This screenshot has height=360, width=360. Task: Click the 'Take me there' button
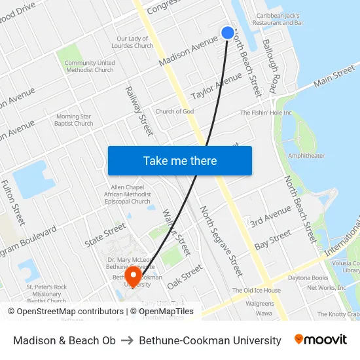click(x=180, y=161)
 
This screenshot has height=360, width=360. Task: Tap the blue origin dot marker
click(x=228, y=33)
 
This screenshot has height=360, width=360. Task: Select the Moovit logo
click(x=321, y=340)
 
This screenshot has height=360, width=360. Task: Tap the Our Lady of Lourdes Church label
click(x=135, y=42)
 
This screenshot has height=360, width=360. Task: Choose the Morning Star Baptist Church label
click(x=75, y=120)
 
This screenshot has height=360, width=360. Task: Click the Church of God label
click(x=175, y=111)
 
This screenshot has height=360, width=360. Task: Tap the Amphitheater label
click(x=306, y=156)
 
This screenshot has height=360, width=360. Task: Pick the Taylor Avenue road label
click(x=217, y=86)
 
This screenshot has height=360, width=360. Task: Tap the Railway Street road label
click(x=139, y=111)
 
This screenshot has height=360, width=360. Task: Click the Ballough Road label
click(x=271, y=72)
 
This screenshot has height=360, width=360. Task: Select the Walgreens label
click(x=260, y=304)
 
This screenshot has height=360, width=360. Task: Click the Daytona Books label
click(x=327, y=278)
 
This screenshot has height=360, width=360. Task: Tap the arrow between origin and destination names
click(x=127, y=340)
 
